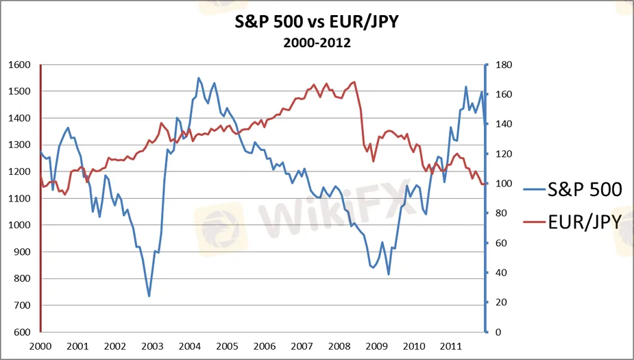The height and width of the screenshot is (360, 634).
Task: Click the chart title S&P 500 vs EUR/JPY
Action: (317, 23)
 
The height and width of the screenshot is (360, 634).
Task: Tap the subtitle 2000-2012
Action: (317, 43)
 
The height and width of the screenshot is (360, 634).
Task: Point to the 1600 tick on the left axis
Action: (21, 65)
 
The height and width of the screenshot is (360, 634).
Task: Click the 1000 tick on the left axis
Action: (21, 226)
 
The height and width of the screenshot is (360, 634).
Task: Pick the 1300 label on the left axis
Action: (21, 145)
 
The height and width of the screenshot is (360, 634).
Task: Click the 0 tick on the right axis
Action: (499, 333)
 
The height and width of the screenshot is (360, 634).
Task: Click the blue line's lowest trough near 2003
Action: (149, 296)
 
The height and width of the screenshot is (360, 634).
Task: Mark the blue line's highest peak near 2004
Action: (198, 77)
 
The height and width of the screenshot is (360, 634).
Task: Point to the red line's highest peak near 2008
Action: (354, 82)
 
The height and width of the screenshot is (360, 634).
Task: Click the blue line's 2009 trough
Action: (389, 274)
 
